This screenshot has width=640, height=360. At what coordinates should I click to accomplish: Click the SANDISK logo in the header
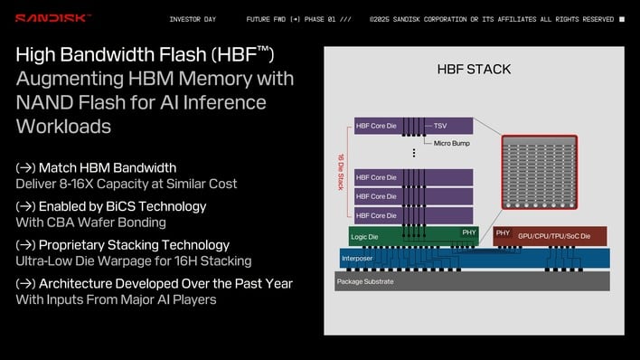tap(53, 18)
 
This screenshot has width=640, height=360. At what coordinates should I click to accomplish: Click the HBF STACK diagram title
tap(474, 70)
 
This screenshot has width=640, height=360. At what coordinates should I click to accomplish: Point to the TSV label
tap(441, 126)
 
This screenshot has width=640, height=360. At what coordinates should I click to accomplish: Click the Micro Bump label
tap(452, 143)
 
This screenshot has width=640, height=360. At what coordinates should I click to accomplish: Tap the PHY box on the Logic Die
tap(469, 232)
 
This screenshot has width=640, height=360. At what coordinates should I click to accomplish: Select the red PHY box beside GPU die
tap(503, 233)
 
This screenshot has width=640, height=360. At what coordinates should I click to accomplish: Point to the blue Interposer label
tap(357, 258)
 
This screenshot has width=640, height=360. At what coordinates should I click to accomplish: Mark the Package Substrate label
tap(367, 281)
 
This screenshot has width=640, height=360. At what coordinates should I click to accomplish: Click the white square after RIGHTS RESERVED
tap(621, 19)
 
